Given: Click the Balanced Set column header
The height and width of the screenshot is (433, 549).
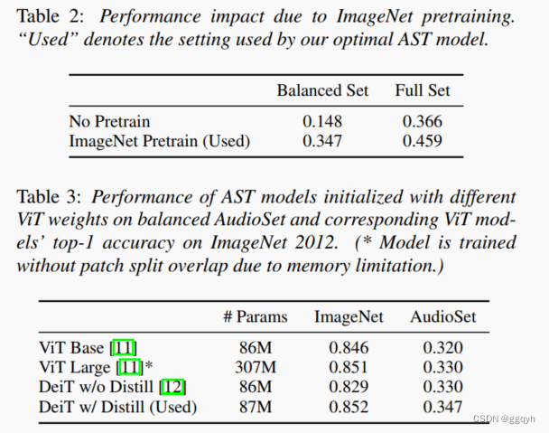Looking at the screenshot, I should click(322, 90).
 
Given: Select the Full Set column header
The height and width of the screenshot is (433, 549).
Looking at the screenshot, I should click(422, 90).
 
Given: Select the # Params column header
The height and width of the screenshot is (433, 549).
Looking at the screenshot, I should click(255, 316).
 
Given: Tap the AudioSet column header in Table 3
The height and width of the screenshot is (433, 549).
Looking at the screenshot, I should click(442, 316).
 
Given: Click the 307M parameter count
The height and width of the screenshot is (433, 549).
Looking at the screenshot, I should click(255, 366).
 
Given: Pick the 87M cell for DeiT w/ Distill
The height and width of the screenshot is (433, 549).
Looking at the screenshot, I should click(255, 406).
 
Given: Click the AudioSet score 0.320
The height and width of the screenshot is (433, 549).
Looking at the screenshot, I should click(442, 346).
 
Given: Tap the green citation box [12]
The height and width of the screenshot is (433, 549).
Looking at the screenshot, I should click(172, 386).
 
